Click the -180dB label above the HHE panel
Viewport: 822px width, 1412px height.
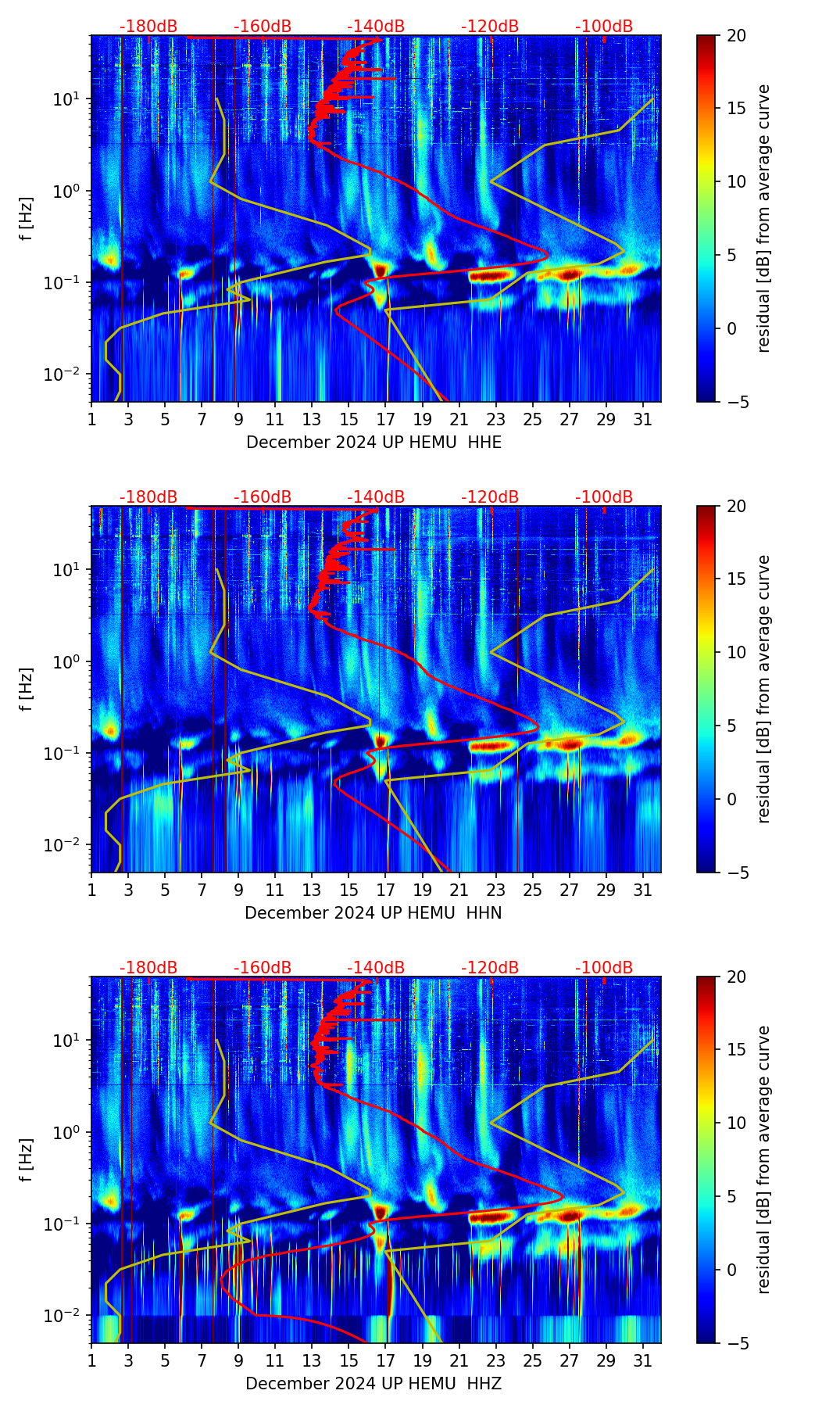click(148, 27)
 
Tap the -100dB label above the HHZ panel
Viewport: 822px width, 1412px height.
click(604, 968)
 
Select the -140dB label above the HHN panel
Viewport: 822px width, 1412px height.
click(376, 497)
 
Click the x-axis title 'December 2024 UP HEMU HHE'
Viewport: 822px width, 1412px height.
click(373, 443)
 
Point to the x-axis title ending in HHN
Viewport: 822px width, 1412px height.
click(373, 913)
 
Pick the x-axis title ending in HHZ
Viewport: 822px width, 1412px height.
click(373, 1384)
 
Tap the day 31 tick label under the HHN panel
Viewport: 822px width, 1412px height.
click(643, 890)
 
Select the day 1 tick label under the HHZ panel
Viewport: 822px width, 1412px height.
click(92, 1360)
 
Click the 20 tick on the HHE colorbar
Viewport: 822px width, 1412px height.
click(736, 35)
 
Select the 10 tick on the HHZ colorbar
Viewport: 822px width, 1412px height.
click(736, 1123)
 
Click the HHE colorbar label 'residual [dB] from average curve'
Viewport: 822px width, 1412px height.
click(763, 218)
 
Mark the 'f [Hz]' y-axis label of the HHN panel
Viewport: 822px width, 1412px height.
click(27, 689)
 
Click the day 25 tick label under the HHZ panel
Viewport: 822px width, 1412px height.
click(532, 1360)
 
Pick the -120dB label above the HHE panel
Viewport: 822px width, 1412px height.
click(490, 27)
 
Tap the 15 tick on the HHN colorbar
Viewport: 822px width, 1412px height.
click(736, 579)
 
